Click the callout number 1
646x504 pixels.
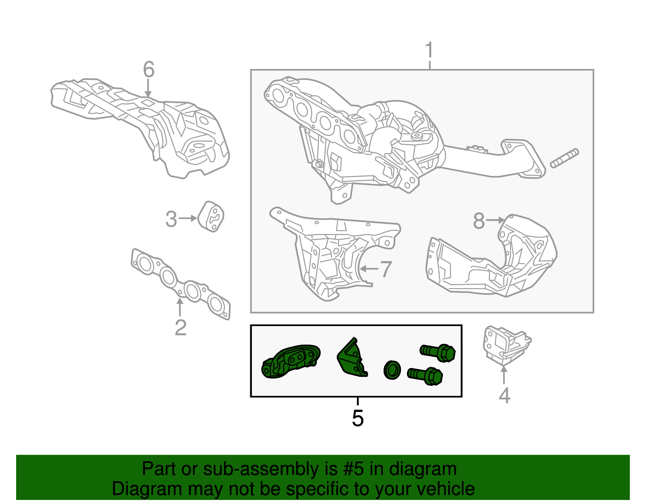tap(429, 50)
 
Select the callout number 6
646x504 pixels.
tap(149, 69)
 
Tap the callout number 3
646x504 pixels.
tap(171, 219)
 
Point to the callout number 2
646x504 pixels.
tap(181, 328)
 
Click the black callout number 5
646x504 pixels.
tap(358, 418)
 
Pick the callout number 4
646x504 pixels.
tap(505, 395)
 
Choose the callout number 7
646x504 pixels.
tap(386, 269)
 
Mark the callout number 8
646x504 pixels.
tap(479, 221)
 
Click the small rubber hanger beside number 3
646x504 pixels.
tap(211, 216)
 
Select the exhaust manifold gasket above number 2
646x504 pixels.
tap(181, 284)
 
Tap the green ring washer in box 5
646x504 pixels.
tap(392, 370)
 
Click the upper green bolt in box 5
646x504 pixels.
tap(438, 353)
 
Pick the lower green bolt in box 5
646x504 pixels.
tap(425, 376)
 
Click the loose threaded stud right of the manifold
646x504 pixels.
tap(564, 158)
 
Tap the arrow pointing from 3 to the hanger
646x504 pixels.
tap(188, 218)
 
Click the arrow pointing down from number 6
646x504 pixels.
tap(148, 88)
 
